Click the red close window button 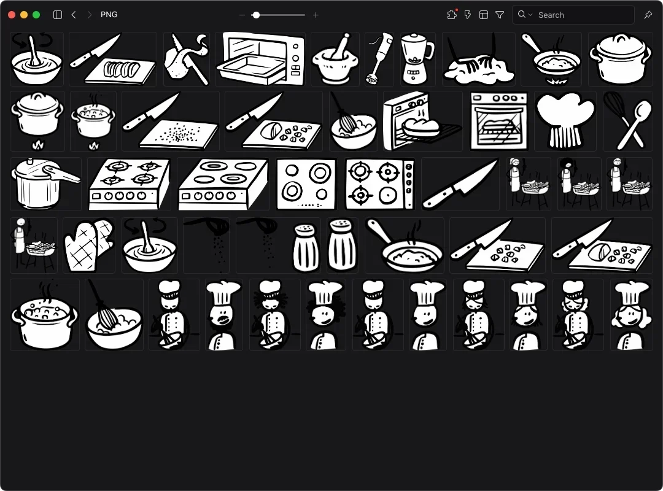(x=12, y=15)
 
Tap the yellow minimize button (x=24, y=15)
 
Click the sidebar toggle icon (x=58, y=15)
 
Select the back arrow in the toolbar (x=74, y=15)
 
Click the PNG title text (x=109, y=14)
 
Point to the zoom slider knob (x=256, y=15)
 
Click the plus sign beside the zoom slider (x=316, y=15)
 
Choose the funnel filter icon (x=500, y=15)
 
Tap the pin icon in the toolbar (x=648, y=15)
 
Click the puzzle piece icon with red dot (x=452, y=14)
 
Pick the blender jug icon (x=417, y=59)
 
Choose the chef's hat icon (x=565, y=120)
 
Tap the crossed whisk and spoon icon (x=628, y=120)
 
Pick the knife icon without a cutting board (x=460, y=184)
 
